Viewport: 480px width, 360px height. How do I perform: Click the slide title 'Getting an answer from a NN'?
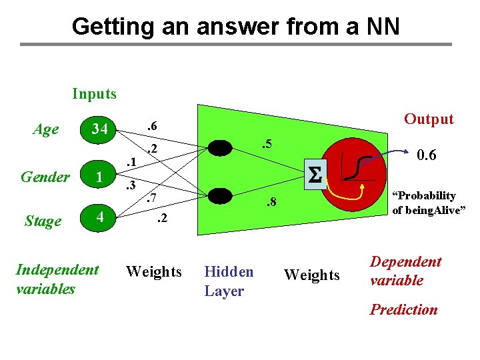click(236, 27)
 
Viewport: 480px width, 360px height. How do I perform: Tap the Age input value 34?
click(99, 128)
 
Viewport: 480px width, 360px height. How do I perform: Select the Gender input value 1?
click(99, 177)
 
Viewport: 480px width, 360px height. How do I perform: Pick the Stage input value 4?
click(98, 218)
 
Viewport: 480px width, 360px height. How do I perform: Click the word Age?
click(45, 129)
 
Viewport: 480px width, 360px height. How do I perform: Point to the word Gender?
click(45, 177)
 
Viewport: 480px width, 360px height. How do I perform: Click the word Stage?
click(42, 221)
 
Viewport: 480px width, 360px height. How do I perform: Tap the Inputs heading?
click(94, 94)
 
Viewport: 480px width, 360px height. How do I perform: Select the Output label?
click(429, 119)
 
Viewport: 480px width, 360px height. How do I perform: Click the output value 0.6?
click(426, 155)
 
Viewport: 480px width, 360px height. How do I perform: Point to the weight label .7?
click(150, 198)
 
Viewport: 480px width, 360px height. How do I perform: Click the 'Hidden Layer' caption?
click(229, 281)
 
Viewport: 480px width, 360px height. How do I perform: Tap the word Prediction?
click(403, 309)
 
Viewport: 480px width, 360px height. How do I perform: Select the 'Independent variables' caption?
click(57, 279)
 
